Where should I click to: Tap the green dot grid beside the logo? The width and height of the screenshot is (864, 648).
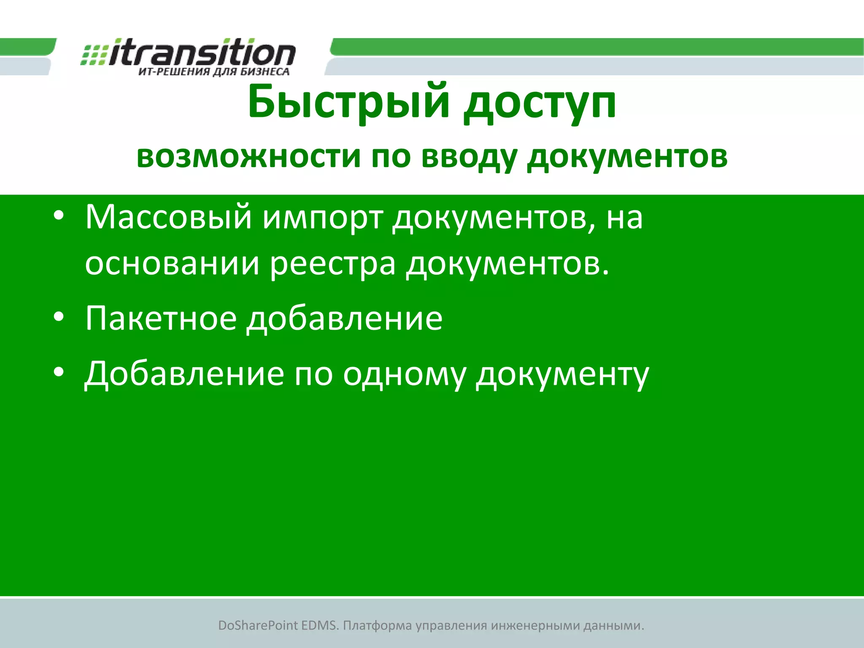(x=94, y=55)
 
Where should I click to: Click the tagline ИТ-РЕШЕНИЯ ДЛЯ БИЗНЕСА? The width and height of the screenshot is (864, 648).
(x=214, y=72)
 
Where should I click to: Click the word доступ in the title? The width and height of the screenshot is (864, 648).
(x=540, y=103)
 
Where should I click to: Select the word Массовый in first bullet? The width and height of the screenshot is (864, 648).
(x=168, y=218)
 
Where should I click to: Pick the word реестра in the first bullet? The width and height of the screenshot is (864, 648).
(x=333, y=264)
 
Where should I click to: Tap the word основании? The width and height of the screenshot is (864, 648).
(x=172, y=264)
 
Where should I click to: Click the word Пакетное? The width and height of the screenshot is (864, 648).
(x=161, y=319)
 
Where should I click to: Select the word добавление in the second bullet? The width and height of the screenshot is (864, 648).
(x=345, y=319)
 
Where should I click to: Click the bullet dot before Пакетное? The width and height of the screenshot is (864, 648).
(x=59, y=317)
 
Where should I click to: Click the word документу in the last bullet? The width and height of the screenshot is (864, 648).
(x=562, y=375)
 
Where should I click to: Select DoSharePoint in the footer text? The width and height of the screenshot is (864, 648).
(x=258, y=626)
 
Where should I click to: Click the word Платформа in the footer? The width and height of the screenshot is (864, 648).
(x=377, y=626)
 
